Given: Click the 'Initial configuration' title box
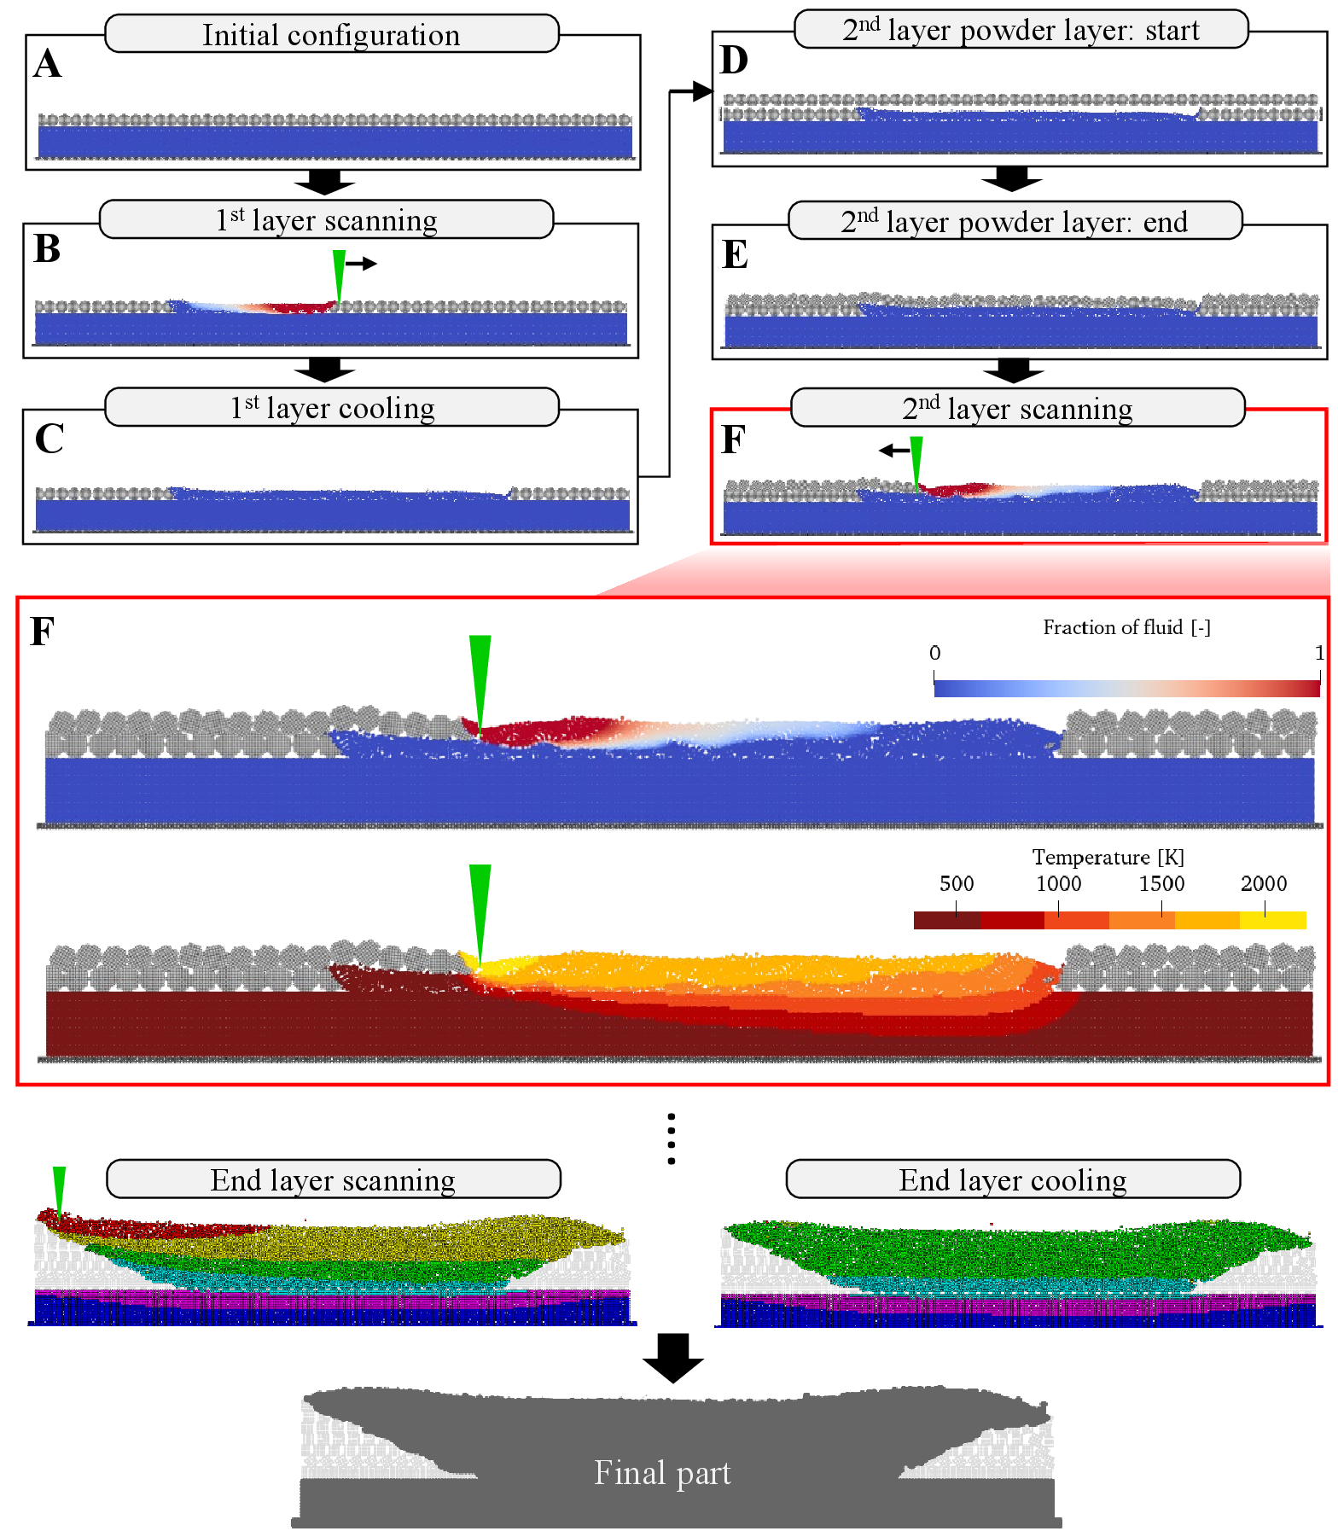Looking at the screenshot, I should coord(331,35).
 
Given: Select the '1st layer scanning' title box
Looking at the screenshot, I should coord(326,220).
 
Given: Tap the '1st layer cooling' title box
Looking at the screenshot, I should coord(332,408).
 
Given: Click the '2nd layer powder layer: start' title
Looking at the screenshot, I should coord(1021,30).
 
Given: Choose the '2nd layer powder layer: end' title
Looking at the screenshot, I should coord(1015,222).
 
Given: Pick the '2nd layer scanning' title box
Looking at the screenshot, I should coord(1017,409).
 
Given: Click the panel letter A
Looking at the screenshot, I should coord(48,64).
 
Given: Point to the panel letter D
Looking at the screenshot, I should coord(734,61).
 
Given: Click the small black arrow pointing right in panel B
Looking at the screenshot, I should coord(361,264).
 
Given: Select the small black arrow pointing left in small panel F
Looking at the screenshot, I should coord(894,450).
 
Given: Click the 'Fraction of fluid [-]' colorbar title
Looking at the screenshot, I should coord(1126,628).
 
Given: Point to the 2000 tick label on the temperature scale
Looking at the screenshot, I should coord(1263,883).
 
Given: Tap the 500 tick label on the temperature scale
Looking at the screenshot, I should coord(956,883).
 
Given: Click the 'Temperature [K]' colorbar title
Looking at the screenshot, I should coord(1108,857).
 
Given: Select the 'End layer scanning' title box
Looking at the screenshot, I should coord(333,1180).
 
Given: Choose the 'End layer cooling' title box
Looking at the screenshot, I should coord(1013,1180).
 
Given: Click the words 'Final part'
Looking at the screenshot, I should coord(662,1473).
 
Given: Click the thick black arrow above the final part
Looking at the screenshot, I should coord(672,1357).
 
